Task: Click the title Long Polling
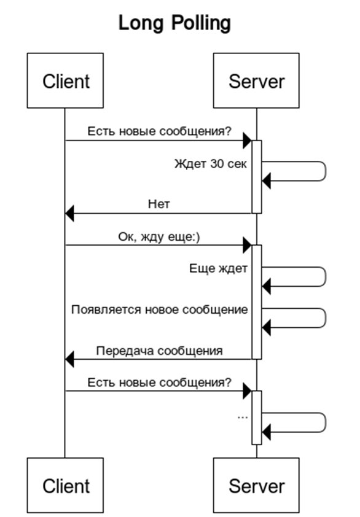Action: click(x=174, y=23)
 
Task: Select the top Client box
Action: click(x=65, y=80)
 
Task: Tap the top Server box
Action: click(x=256, y=80)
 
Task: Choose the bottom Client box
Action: click(x=65, y=485)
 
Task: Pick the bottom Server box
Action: click(x=256, y=485)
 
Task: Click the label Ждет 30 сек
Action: click(x=211, y=164)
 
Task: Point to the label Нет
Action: click(x=158, y=204)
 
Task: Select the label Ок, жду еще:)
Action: click(x=159, y=237)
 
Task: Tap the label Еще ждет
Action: click(x=218, y=268)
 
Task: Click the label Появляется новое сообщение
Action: click(x=159, y=309)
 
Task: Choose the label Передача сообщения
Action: click(x=159, y=351)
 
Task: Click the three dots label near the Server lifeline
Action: click(x=243, y=417)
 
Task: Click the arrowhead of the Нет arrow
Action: click(x=69, y=213)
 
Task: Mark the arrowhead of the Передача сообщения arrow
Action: click(x=69, y=359)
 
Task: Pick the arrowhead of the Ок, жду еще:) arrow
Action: click(x=247, y=245)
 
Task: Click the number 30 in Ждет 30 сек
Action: click(x=216, y=164)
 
